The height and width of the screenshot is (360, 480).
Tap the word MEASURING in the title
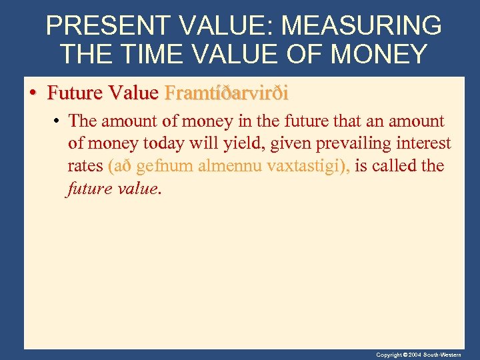click(x=361, y=26)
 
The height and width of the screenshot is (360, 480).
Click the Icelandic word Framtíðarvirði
click(x=226, y=93)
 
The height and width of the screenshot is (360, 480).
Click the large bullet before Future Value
click(x=33, y=93)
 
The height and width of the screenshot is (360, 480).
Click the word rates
click(x=85, y=165)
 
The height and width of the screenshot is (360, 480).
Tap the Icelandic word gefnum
click(x=165, y=165)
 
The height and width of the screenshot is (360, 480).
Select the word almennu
click(x=229, y=165)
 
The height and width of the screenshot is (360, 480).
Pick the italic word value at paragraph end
click(x=137, y=187)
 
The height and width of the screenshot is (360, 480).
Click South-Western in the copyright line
click(x=451, y=355)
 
